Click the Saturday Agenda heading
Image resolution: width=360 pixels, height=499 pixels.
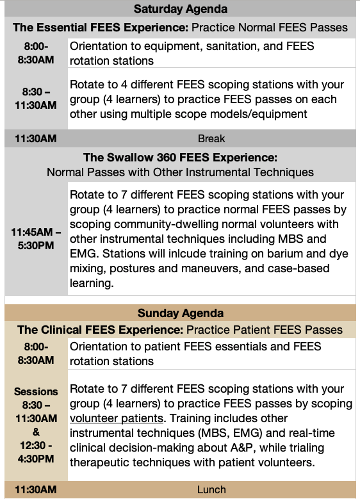[x=181, y=9]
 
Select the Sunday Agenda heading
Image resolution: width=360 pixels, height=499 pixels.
[x=181, y=313]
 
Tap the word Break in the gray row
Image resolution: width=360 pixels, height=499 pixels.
[x=211, y=139]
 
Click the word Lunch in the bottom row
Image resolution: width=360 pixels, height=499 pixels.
[x=211, y=489]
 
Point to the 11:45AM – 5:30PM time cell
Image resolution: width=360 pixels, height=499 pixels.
[x=36, y=239]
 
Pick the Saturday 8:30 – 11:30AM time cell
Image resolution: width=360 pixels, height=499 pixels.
[x=36, y=99]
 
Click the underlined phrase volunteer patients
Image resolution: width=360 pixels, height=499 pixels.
[x=117, y=418]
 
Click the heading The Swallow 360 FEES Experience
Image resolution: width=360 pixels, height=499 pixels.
[x=180, y=158]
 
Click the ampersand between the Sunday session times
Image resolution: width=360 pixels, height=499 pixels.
[x=36, y=432]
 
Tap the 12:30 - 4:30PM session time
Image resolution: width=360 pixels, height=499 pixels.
[x=36, y=452]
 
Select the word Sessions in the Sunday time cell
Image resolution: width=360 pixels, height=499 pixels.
[x=36, y=391]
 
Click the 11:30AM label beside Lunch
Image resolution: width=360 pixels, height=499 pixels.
[x=36, y=489]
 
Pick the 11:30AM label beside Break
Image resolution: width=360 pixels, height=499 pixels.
[x=36, y=139]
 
